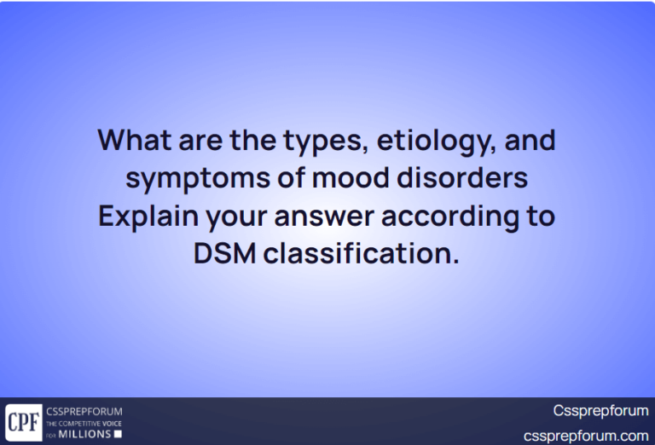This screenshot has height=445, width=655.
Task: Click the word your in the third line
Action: point(232,217)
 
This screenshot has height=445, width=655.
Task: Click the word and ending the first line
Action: point(530,139)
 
